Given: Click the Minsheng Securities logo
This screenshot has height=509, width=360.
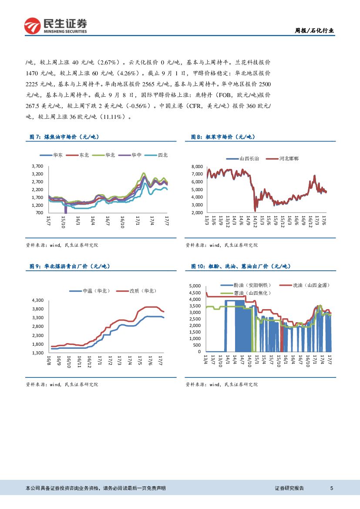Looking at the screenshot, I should coord(55,26).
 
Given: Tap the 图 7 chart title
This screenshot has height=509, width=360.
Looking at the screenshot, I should coord(64,137).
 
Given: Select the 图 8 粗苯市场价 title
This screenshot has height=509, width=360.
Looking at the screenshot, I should coord(222,137).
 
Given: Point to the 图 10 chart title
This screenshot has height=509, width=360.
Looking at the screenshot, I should coord(240,266).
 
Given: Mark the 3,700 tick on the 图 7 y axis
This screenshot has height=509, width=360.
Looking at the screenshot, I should coord(37,166).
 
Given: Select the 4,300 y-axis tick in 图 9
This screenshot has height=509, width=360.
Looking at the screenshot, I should coord(38,300).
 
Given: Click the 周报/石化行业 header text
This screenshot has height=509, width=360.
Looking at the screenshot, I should coord(314,30).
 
